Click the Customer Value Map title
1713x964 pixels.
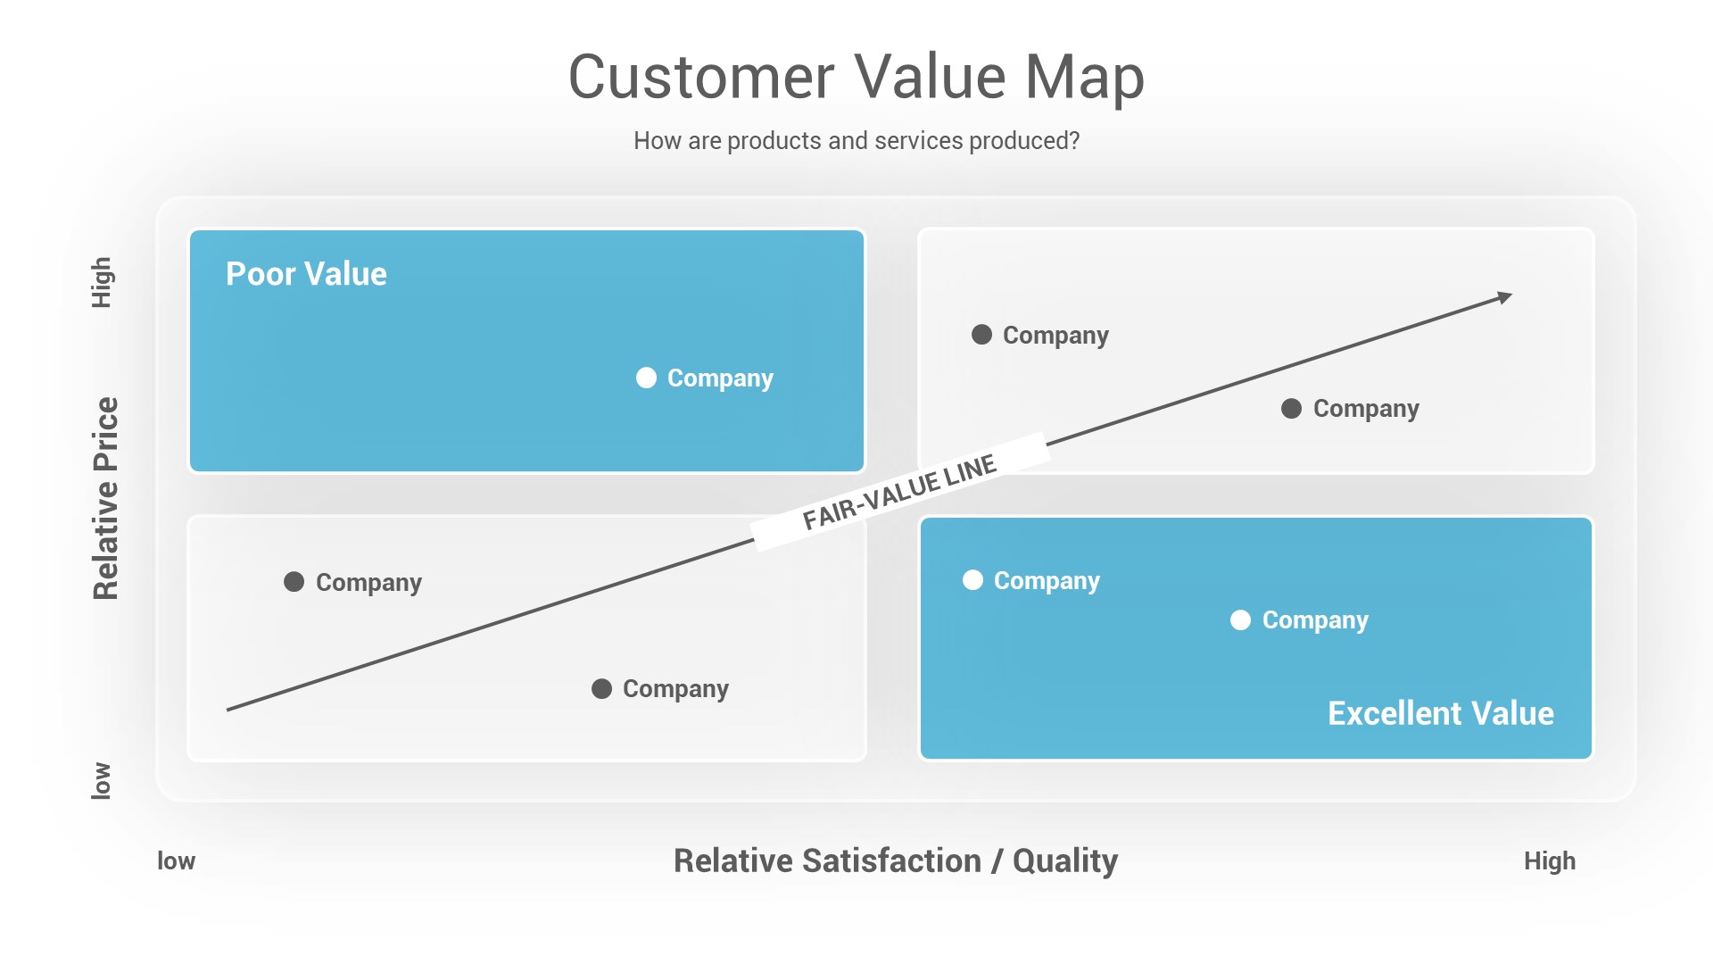pos(856,77)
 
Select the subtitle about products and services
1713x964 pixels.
pos(856,141)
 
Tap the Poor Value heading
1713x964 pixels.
pos(306,274)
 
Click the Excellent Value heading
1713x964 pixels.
pos(1440,713)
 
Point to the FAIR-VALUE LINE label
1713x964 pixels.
pos(899,492)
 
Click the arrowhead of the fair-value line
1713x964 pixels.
pos(1505,296)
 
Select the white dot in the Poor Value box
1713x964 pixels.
pos(646,378)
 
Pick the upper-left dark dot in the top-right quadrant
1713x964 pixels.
pos(981,335)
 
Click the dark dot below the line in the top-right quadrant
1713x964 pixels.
pos(1291,409)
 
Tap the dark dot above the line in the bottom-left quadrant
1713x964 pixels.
pos(294,582)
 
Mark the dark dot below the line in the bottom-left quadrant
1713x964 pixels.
pos(601,689)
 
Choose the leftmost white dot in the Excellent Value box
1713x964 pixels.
pos(972,580)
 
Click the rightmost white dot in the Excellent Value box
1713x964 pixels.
pos(1240,620)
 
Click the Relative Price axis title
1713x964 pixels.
pos(105,498)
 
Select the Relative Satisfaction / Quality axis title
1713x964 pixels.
pos(895,861)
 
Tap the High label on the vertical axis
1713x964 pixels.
pos(102,283)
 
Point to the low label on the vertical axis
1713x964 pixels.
pos(102,781)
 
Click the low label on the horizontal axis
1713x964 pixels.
pos(176,861)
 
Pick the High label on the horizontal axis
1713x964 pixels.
pos(1549,861)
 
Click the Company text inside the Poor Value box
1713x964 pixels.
pos(720,378)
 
